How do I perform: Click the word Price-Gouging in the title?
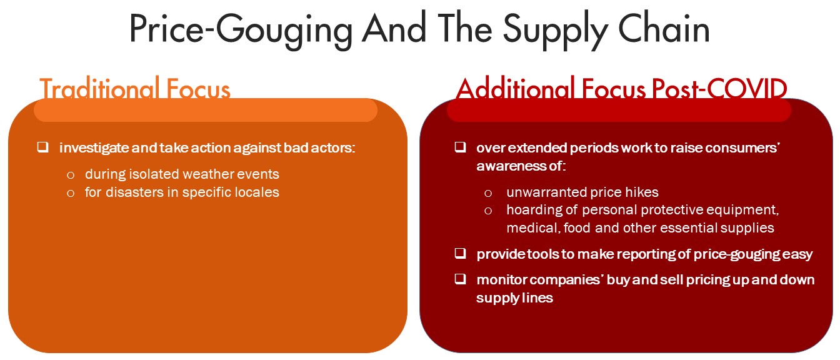tap(241, 30)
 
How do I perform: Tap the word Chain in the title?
tap(664, 27)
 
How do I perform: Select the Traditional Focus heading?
tap(135, 89)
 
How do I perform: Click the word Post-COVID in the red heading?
tap(719, 89)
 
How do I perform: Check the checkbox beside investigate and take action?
tap(42, 147)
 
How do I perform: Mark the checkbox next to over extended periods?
tap(460, 147)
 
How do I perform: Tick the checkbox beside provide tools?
tap(460, 254)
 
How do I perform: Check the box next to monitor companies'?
tap(460, 279)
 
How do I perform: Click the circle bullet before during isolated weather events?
tap(71, 175)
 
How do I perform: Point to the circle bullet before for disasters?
tap(71, 193)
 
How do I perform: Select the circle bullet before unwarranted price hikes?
tap(488, 193)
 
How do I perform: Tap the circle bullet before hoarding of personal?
tap(488, 211)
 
